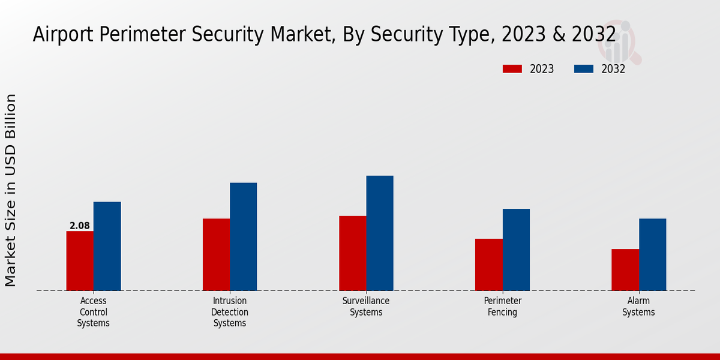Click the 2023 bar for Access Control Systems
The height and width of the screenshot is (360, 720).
tap(80, 261)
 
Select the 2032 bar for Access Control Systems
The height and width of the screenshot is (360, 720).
tap(107, 246)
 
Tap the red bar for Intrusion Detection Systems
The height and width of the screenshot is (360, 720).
tap(216, 254)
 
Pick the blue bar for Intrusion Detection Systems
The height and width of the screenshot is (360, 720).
tap(243, 236)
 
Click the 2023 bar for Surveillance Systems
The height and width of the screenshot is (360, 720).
tap(352, 253)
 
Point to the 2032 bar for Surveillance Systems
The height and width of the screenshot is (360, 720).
tap(380, 233)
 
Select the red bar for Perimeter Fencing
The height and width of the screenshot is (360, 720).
tap(488, 265)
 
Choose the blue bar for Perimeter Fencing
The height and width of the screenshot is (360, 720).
tap(516, 250)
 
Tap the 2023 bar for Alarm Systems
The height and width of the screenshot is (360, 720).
tap(625, 269)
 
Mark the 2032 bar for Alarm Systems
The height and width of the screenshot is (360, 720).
tap(652, 254)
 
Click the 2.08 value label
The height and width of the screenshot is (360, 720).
tap(80, 226)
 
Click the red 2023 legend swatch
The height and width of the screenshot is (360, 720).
tap(512, 69)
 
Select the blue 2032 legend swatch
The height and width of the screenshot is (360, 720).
tap(583, 69)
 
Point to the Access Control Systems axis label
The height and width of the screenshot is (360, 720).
tap(93, 312)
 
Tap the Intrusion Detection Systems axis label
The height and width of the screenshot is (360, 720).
tap(230, 312)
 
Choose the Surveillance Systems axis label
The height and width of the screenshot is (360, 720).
tap(366, 307)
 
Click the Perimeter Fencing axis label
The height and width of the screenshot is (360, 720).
tap(503, 307)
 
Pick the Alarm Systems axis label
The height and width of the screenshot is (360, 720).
tap(638, 307)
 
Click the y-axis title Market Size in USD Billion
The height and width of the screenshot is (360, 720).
tap(11, 190)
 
